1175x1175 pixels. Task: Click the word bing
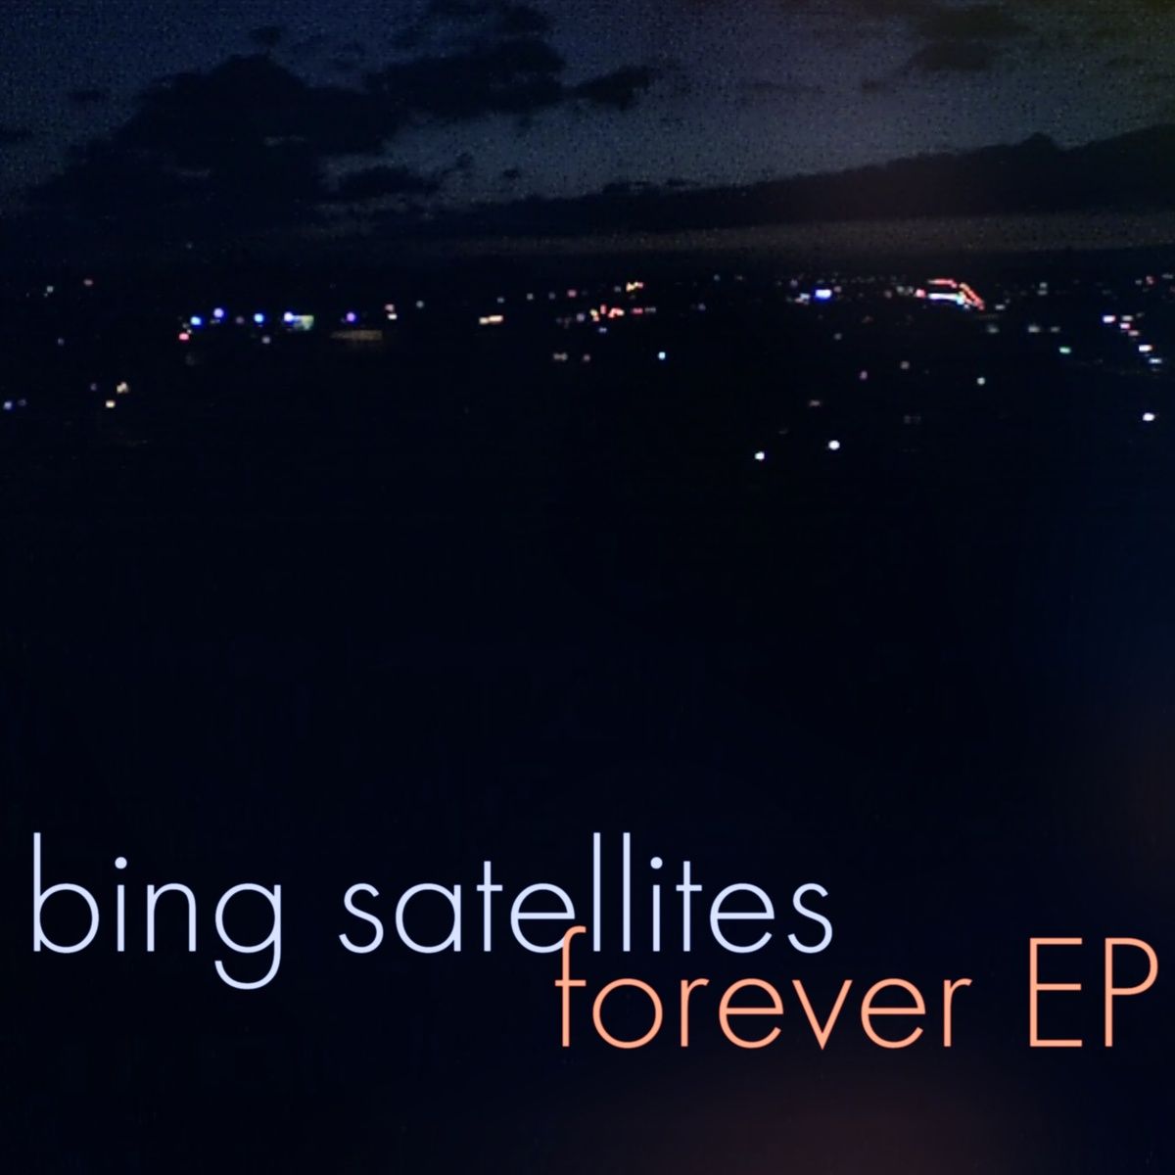pos(157,909)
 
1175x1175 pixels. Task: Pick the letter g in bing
pos(247,927)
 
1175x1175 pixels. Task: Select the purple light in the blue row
pos(351,317)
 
